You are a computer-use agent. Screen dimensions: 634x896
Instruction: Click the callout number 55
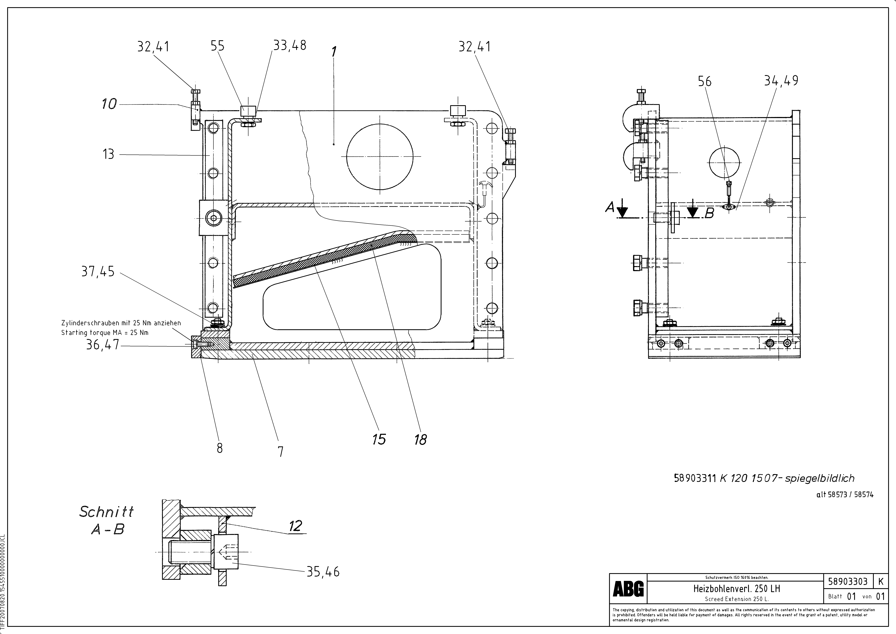pos(217,46)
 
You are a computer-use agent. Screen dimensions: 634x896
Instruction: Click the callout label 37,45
pos(98,271)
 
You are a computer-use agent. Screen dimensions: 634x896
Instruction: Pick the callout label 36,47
pos(103,345)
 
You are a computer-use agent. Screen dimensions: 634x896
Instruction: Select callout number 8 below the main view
pos(220,448)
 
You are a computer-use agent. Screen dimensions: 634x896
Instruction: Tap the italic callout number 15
pos(379,439)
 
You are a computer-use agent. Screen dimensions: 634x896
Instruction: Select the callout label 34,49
pos(781,81)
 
